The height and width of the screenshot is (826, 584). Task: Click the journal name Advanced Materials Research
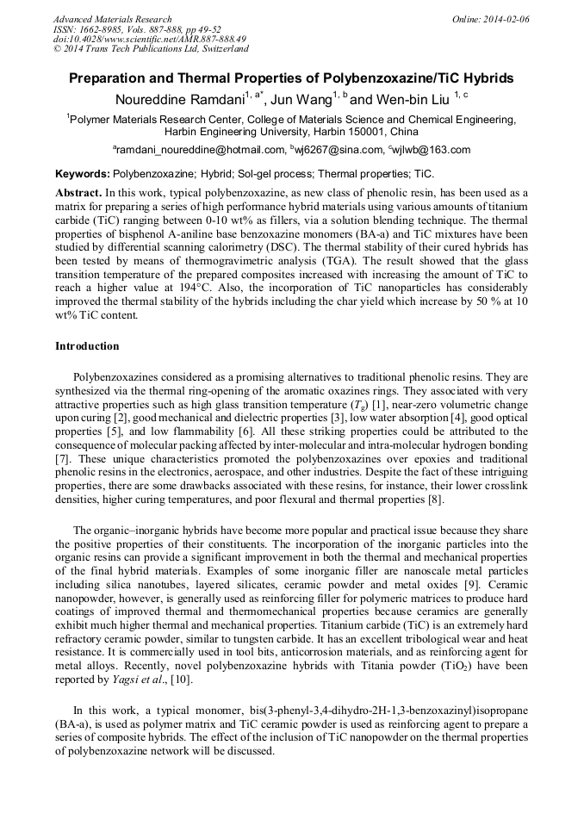pos(112,19)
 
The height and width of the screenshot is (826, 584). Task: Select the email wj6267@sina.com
pos(339,150)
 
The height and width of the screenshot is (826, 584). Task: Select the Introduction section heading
pos(87,346)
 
